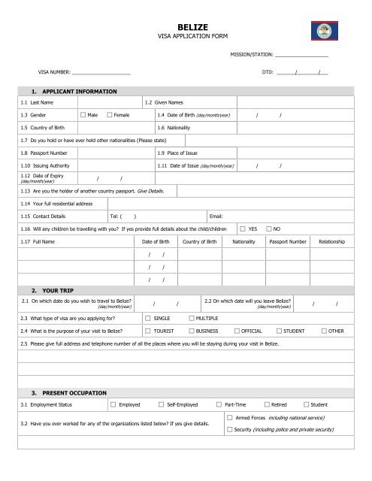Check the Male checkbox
coord(83,115)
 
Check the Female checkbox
coord(110,115)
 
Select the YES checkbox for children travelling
coord(243,228)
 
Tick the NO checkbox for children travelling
coord(269,228)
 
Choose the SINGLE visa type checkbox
coord(147,319)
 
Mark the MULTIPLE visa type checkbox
coord(192,319)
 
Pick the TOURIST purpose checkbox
coord(147,331)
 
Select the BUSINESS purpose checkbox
coord(191,331)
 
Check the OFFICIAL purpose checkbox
coord(237,331)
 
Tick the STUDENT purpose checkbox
coord(280,331)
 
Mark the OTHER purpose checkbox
coord(323,331)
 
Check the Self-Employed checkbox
coord(161,404)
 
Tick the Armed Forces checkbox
coord(229,416)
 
